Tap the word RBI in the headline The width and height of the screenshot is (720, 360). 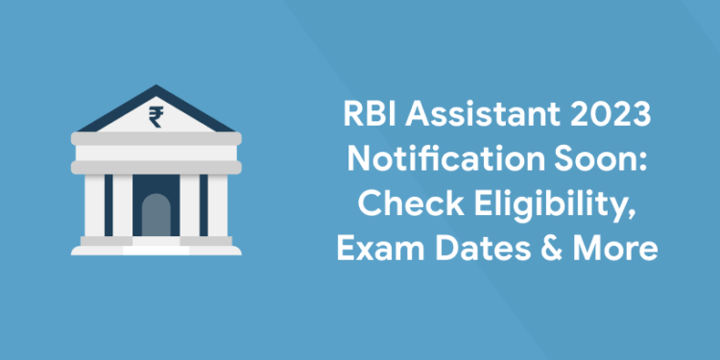point(367,118)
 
